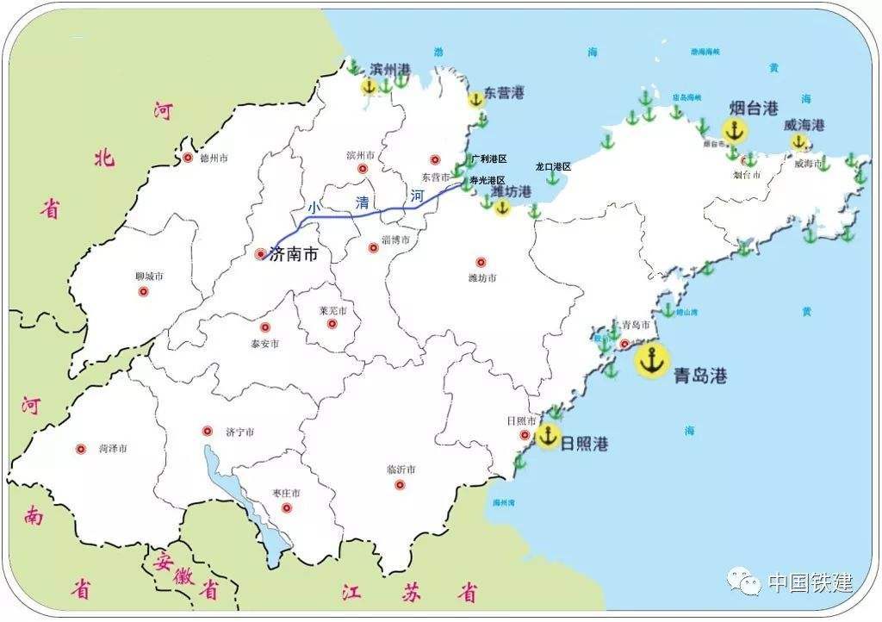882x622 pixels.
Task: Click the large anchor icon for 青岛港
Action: tap(652, 360)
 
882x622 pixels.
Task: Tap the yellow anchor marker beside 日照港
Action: tap(548, 436)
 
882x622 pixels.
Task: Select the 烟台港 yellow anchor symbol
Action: tap(734, 131)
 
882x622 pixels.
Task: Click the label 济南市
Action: tap(294, 255)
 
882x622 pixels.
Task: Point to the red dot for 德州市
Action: tap(188, 158)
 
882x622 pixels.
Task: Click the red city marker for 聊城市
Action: tap(144, 291)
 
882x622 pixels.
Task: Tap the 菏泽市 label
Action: tap(113, 449)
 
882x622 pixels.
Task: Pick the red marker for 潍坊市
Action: tap(481, 262)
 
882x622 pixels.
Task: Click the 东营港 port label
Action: tap(504, 92)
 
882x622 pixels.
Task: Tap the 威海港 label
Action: tap(804, 125)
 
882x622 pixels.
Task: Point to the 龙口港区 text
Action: tap(553, 166)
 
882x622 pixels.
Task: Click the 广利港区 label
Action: tap(489, 159)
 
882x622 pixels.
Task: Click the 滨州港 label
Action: tap(390, 69)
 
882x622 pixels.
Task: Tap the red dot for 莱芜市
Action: tap(332, 325)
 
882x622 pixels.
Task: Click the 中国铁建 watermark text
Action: tap(810, 582)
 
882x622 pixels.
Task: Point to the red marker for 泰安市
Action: tap(265, 327)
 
